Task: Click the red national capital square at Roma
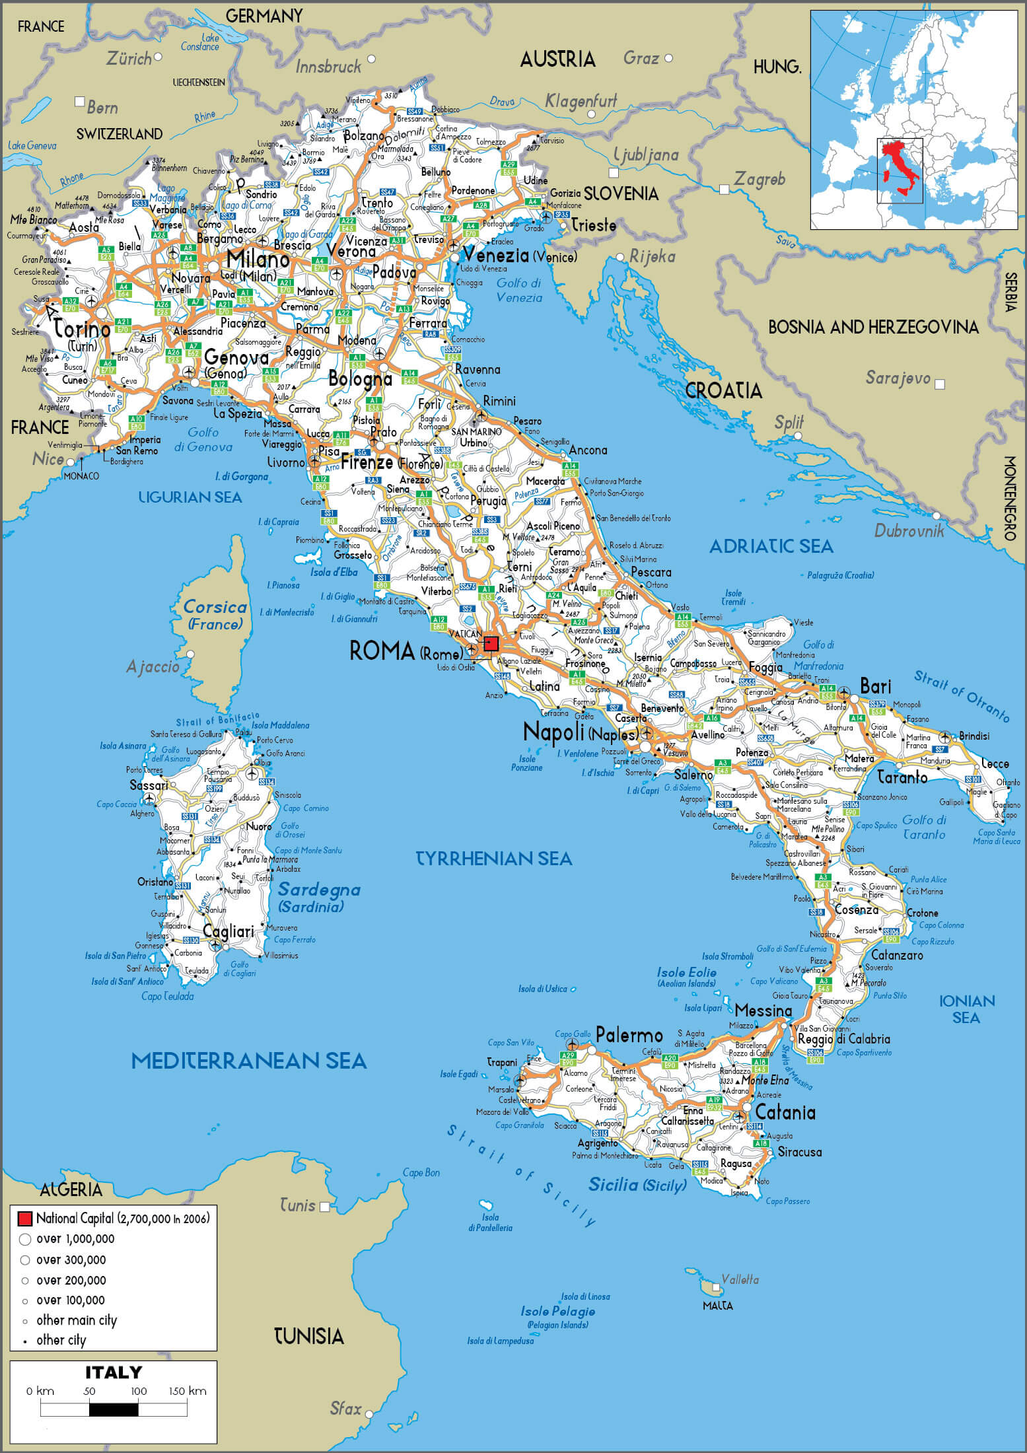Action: pyautogui.click(x=491, y=643)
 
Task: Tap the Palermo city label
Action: pyautogui.click(x=629, y=1034)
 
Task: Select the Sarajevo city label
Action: pyautogui.click(x=898, y=378)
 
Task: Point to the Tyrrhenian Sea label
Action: pyautogui.click(x=493, y=858)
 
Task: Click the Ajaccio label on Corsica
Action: pyautogui.click(x=153, y=666)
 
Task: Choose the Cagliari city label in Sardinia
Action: pyautogui.click(x=228, y=931)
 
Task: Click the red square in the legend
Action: pyautogui.click(x=25, y=1219)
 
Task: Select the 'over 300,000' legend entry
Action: pyautogui.click(x=71, y=1259)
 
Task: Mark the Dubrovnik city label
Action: pyautogui.click(x=909, y=530)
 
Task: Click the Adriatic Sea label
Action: pyautogui.click(x=771, y=546)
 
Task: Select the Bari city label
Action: pyautogui.click(x=876, y=686)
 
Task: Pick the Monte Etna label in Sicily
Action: pyautogui.click(x=765, y=1080)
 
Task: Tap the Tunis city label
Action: pyautogui.click(x=297, y=1205)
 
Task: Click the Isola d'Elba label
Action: pyautogui.click(x=334, y=572)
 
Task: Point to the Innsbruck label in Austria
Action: pyautogui.click(x=328, y=67)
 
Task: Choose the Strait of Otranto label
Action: pyautogui.click(x=962, y=695)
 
